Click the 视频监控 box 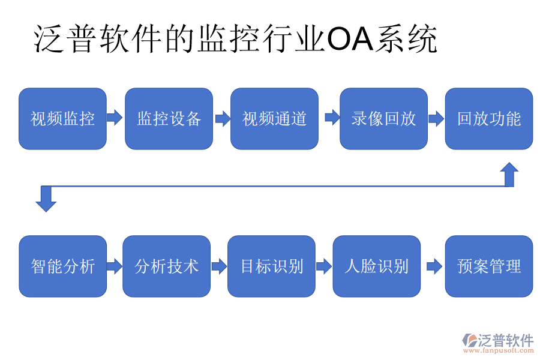pyautogui.click(x=62, y=119)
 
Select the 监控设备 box pyautogui.click(x=169, y=119)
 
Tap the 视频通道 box pyautogui.click(x=274, y=119)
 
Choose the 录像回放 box pyautogui.click(x=383, y=119)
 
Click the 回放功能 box pyautogui.click(x=488, y=119)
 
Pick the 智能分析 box pyautogui.click(x=62, y=266)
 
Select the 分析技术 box pyautogui.click(x=166, y=266)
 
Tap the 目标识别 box pyautogui.click(x=271, y=266)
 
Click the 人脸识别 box pyautogui.click(x=377, y=266)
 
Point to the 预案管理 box pyautogui.click(x=488, y=266)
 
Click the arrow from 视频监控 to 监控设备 pyautogui.click(x=115, y=118)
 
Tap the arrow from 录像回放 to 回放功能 pyautogui.click(x=436, y=118)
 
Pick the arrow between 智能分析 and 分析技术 pyautogui.click(x=115, y=266)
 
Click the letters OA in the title pyautogui.click(x=349, y=40)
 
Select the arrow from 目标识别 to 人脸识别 pyautogui.click(x=323, y=266)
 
